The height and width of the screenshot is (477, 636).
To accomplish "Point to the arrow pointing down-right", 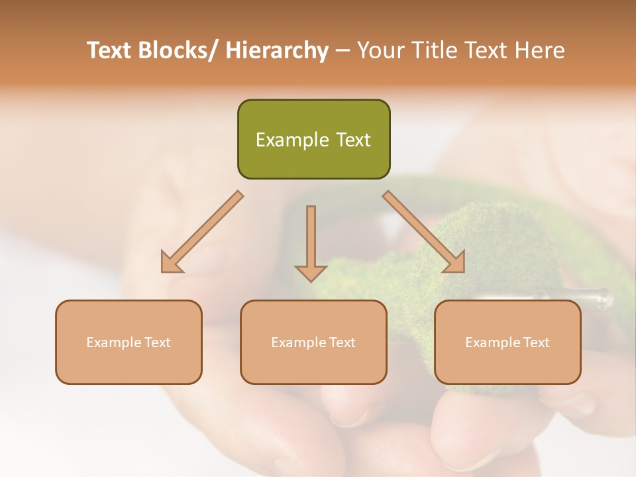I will pos(425,233).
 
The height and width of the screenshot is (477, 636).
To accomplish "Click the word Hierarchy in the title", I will pos(277,50).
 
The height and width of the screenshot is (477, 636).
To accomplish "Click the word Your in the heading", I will pos(379,50).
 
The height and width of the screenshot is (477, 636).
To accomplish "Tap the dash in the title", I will pos(343,50).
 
